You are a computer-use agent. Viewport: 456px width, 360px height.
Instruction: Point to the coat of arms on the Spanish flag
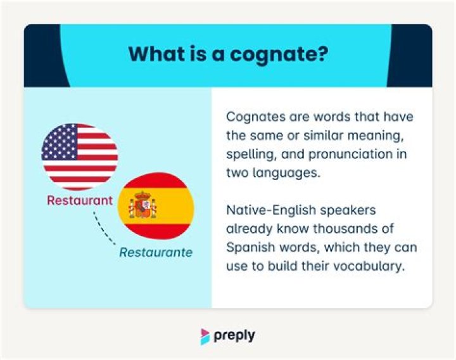tap(142, 206)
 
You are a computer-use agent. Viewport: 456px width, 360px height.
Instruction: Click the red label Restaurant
tap(80, 201)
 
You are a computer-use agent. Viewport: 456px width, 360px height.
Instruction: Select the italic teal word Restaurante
tap(156, 252)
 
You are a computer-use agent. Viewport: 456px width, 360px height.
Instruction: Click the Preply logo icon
tap(205, 336)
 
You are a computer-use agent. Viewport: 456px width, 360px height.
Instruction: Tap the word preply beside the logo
tap(234, 335)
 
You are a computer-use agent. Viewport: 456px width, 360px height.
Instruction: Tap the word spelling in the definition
tap(248, 153)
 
